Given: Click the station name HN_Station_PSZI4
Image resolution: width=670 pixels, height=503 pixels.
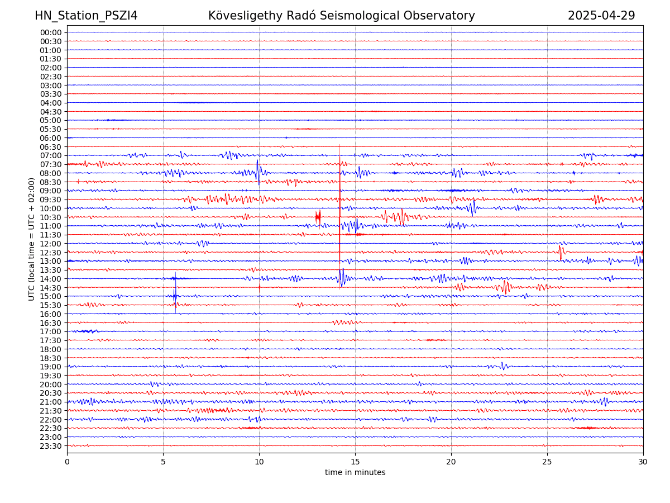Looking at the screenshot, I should point(86,16).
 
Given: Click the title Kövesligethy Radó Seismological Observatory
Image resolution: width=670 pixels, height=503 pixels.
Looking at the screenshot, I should point(341,16).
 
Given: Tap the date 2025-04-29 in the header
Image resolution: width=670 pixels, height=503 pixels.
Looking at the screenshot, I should point(601,16).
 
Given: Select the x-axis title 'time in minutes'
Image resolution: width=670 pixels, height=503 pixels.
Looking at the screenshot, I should point(355,473).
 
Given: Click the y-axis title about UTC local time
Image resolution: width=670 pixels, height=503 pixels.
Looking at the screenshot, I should point(32,239).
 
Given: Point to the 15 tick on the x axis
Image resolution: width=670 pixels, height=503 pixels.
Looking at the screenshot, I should point(355,462).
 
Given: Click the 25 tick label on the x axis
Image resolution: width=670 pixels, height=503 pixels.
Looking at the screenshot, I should point(547,462).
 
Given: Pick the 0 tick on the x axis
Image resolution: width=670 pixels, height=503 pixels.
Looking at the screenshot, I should point(67,462).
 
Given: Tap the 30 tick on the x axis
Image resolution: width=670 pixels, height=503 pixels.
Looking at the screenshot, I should point(643,462).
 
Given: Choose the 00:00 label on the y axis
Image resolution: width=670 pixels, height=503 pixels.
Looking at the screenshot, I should point(51,32).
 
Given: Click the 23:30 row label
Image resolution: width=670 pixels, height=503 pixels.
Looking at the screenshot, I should point(51,446).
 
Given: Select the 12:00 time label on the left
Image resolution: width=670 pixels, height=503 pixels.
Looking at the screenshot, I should point(51,244).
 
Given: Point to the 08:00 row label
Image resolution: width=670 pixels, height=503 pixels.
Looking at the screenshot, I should point(51,173).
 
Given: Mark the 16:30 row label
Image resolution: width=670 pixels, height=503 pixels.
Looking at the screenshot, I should point(51,323).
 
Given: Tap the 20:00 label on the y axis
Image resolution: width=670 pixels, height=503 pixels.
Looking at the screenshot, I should point(51,385).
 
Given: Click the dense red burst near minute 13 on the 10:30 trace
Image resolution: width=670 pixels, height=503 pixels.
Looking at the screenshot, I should point(318,217).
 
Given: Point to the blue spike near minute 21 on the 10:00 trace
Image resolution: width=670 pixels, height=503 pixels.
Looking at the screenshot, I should point(473,208).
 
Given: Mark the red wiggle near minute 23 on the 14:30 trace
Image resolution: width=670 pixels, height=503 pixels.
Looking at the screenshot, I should point(506,287).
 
